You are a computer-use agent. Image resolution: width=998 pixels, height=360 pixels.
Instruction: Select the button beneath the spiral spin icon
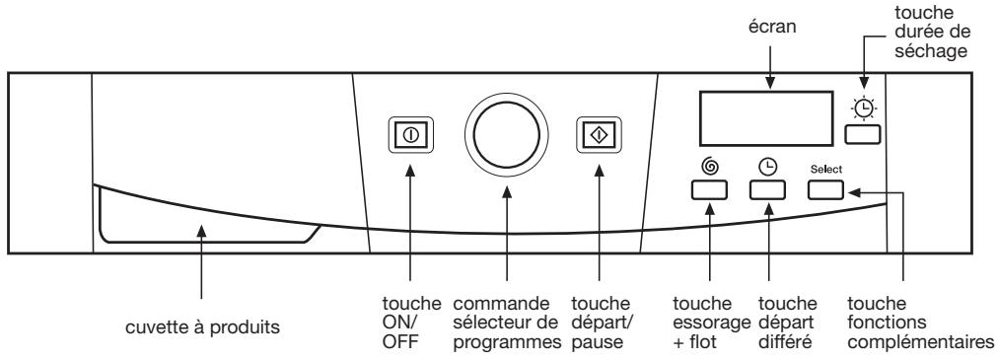[711, 190]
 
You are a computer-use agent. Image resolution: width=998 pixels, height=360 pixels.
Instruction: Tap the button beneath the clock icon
[766, 190]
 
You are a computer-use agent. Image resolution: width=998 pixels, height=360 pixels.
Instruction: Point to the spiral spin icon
[710, 167]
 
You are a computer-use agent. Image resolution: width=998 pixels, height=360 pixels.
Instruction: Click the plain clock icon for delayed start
[766, 167]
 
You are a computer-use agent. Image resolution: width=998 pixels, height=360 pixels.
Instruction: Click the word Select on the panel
[826, 169]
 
